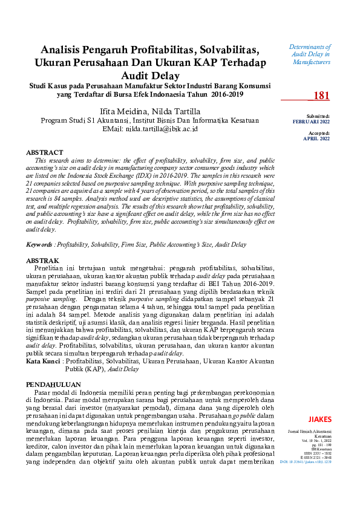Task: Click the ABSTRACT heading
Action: click(x=44, y=153)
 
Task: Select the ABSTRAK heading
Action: click(x=43, y=260)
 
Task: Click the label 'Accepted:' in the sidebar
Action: click(x=319, y=132)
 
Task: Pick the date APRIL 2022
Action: click(x=316, y=138)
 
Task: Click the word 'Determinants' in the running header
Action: click(x=310, y=47)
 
